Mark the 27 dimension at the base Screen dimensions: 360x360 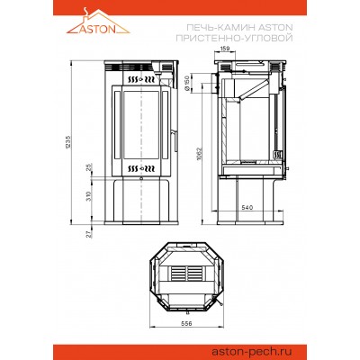click(89, 234)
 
